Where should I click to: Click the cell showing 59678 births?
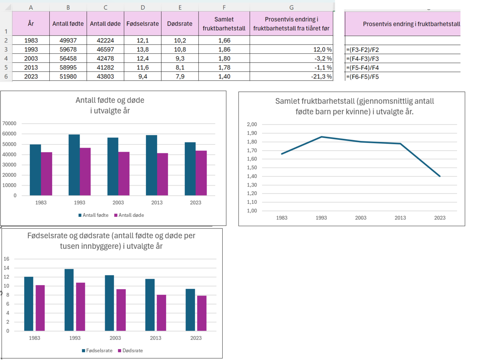(x=68, y=49)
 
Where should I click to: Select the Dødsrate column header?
(x=179, y=23)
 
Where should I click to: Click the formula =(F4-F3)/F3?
(x=363, y=59)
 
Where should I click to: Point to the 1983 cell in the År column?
(x=31, y=40)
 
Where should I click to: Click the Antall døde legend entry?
(x=129, y=215)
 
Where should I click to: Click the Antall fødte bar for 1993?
(x=74, y=165)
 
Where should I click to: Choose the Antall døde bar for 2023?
(x=201, y=173)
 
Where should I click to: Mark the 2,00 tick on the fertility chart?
(x=251, y=125)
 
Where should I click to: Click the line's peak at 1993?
(x=321, y=137)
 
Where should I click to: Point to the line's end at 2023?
(x=440, y=176)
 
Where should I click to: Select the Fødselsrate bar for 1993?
(x=69, y=300)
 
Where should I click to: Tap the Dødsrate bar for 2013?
(x=161, y=313)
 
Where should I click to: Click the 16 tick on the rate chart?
(x=6, y=259)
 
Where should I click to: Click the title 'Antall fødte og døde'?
(x=110, y=100)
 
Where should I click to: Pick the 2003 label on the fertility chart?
(x=361, y=218)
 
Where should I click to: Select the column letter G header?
(x=291, y=7)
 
